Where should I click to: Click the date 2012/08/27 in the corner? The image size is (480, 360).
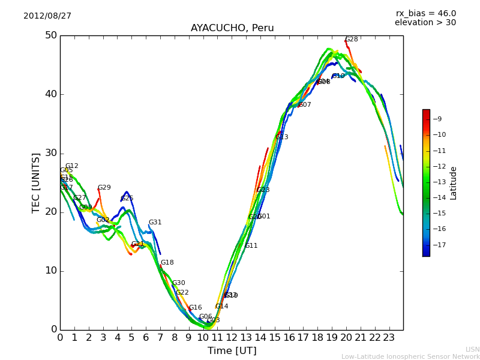click(x=47, y=16)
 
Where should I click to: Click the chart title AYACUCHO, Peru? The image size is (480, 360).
click(x=232, y=28)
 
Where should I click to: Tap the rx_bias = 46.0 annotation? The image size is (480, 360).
click(x=425, y=14)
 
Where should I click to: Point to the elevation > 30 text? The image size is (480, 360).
click(x=425, y=23)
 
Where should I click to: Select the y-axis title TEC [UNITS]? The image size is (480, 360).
click(x=36, y=182)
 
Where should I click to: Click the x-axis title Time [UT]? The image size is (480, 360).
click(x=232, y=351)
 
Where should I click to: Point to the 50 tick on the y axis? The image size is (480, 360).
click(x=50, y=35)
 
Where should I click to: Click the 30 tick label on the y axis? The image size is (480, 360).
click(x=50, y=153)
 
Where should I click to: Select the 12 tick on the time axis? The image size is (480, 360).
click(x=232, y=338)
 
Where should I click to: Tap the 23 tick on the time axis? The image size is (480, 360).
click(x=389, y=338)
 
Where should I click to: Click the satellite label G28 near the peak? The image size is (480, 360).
click(x=352, y=40)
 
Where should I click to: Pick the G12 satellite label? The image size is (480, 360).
click(x=72, y=166)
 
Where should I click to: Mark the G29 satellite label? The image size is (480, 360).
click(x=104, y=188)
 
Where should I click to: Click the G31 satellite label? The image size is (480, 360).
click(x=155, y=223)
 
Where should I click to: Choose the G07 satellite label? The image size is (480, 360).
click(x=305, y=105)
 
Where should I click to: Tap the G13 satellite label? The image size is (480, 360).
click(x=282, y=137)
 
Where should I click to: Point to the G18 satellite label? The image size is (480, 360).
click(x=167, y=263)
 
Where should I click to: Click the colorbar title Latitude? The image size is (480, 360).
click(x=454, y=183)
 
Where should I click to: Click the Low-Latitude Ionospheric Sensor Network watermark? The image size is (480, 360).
click(x=410, y=357)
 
